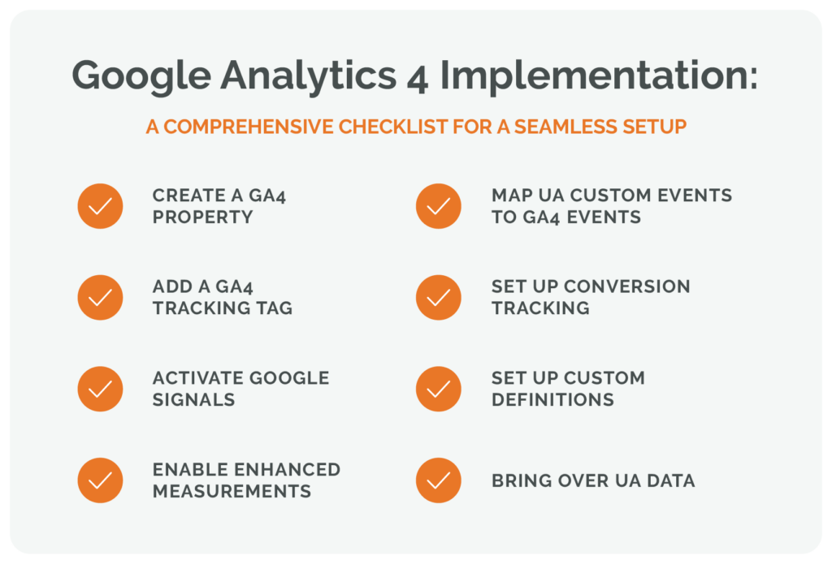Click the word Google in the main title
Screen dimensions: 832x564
tap(141, 76)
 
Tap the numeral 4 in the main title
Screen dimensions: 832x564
tap(418, 80)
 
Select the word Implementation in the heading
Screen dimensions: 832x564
tap(599, 75)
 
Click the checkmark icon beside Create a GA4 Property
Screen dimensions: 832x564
tap(100, 206)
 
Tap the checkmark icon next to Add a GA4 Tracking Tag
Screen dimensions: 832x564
tap(100, 297)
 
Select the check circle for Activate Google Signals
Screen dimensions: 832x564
tap(100, 389)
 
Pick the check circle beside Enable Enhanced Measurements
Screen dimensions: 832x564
tap(100, 480)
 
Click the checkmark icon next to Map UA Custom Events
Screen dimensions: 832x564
tap(438, 206)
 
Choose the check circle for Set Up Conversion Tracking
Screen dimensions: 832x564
tap(438, 297)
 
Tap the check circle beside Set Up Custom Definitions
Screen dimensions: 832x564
tap(438, 389)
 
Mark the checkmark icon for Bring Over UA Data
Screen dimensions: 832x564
tap(438, 480)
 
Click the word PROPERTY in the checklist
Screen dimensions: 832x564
tap(202, 217)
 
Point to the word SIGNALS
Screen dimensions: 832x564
tap(193, 400)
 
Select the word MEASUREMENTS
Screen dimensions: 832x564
tap(232, 492)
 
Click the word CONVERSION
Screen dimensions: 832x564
tap(627, 286)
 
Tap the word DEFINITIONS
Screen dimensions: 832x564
tap(552, 400)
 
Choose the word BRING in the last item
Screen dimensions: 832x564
tap(522, 480)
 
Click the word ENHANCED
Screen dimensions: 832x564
tap(288, 470)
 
